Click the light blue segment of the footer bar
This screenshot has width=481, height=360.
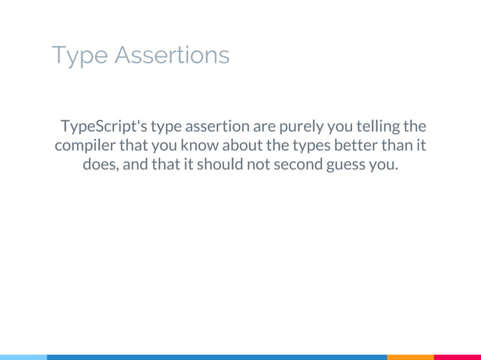pos(23,357)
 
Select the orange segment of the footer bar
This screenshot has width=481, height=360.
pos(410,357)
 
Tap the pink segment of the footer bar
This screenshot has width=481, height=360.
pos(458,357)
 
